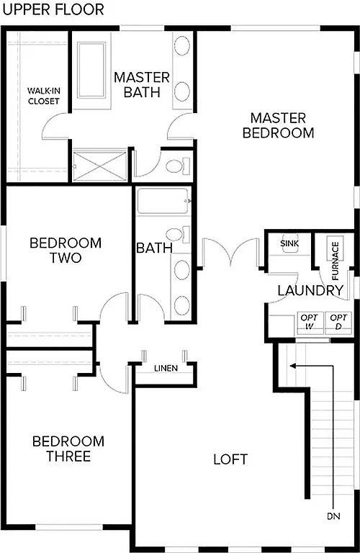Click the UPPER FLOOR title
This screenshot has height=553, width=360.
(x=53, y=9)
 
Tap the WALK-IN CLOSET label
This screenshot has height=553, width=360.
(x=42, y=96)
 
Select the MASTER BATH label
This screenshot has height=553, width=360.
(x=141, y=84)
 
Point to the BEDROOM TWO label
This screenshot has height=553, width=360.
(x=66, y=250)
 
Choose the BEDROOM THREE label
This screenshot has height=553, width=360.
(x=68, y=449)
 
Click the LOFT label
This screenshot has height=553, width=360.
(x=230, y=459)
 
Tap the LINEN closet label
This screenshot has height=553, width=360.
(x=166, y=369)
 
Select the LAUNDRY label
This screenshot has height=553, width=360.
(x=310, y=291)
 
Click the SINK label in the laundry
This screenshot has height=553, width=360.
(x=288, y=244)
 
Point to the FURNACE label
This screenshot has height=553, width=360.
(x=335, y=254)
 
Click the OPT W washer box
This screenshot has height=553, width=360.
(x=309, y=322)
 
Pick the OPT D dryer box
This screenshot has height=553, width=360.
(x=337, y=322)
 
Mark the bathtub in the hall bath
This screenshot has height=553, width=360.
(x=163, y=201)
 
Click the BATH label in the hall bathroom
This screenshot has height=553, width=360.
(x=154, y=248)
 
